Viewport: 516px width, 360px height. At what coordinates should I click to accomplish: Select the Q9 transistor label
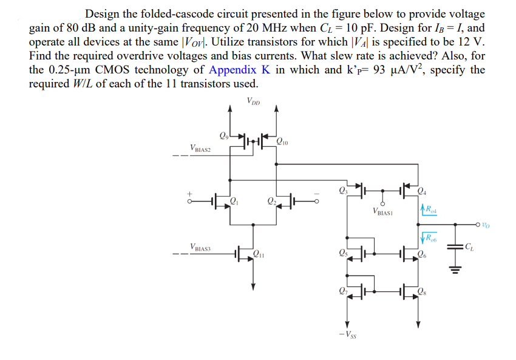click(x=222, y=135)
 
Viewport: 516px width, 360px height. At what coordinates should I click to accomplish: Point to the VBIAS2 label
click(x=200, y=148)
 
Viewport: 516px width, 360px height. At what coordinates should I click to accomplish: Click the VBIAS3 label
click(x=200, y=247)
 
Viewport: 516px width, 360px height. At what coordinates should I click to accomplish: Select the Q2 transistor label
click(x=271, y=202)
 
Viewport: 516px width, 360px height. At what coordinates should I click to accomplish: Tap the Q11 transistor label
click(x=259, y=254)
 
